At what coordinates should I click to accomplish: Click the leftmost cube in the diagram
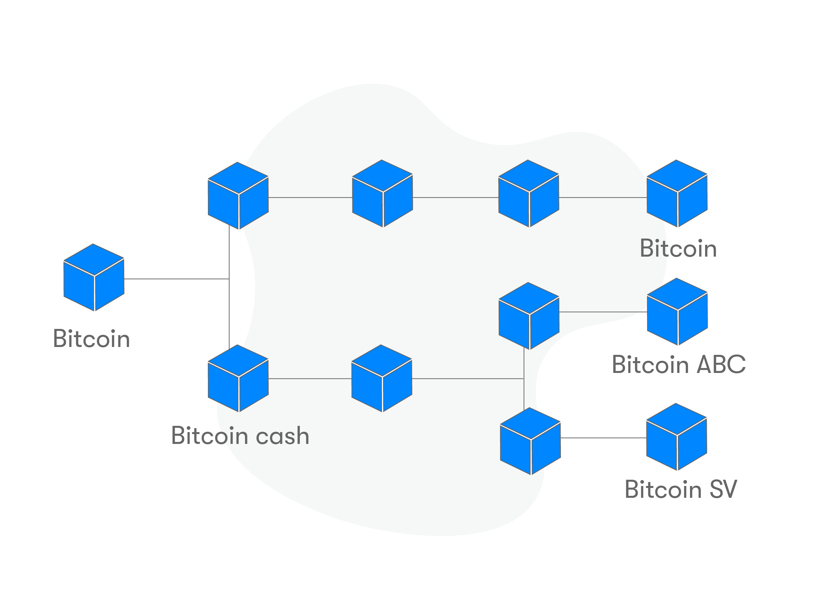pyautogui.click(x=94, y=278)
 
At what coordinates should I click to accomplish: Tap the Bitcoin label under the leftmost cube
pyautogui.click(x=91, y=338)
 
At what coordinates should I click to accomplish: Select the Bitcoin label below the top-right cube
pyautogui.click(x=678, y=249)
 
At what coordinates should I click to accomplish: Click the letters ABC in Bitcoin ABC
pyautogui.click(x=721, y=364)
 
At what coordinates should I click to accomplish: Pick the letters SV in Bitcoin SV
pyautogui.click(x=723, y=489)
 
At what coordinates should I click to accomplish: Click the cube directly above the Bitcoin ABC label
pyautogui.click(x=677, y=312)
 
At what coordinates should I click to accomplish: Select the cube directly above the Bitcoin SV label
pyautogui.click(x=676, y=437)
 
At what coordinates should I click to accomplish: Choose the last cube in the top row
pyautogui.click(x=677, y=194)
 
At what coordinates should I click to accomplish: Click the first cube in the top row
pyautogui.click(x=238, y=196)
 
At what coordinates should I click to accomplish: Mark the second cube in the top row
pyautogui.click(x=382, y=194)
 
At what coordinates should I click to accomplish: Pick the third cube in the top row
pyautogui.click(x=528, y=194)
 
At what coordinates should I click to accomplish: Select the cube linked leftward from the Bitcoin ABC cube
pyautogui.click(x=529, y=316)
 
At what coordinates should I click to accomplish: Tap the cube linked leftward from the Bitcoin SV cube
pyautogui.click(x=530, y=441)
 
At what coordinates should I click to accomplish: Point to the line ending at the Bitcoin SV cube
pyautogui.click(x=603, y=438)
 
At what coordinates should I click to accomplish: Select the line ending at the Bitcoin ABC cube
pyautogui.click(x=603, y=312)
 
